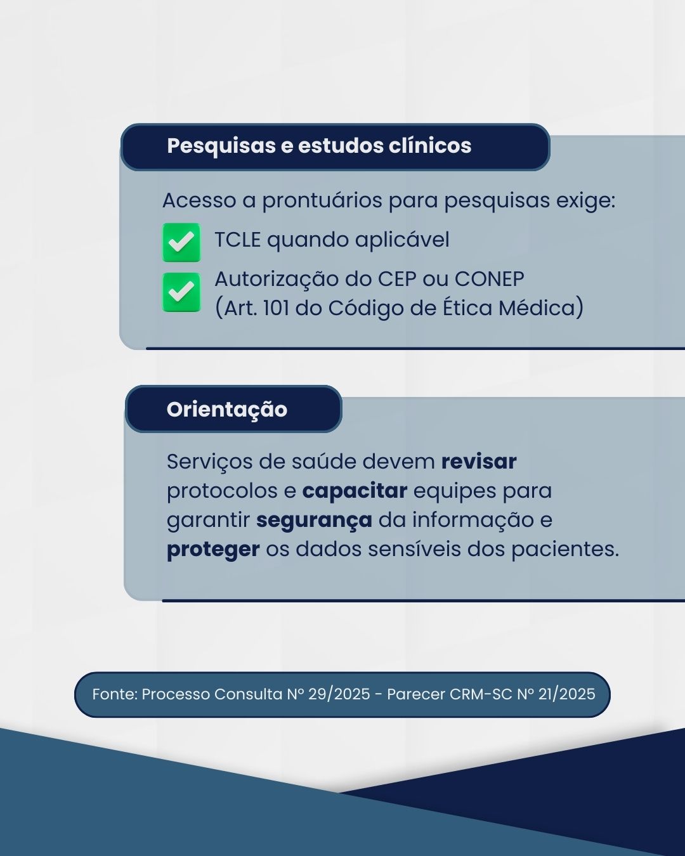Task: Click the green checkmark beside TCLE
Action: pos(181,242)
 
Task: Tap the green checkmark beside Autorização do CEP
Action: pos(181,292)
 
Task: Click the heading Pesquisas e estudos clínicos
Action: pos(319,146)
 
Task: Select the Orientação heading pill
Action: pos(233,409)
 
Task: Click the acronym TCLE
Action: pos(238,240)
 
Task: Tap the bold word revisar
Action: pos(479,462)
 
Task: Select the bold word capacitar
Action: pos(355,491)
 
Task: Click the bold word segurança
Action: pos(314,521)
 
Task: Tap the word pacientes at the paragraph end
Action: pos(565,549)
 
